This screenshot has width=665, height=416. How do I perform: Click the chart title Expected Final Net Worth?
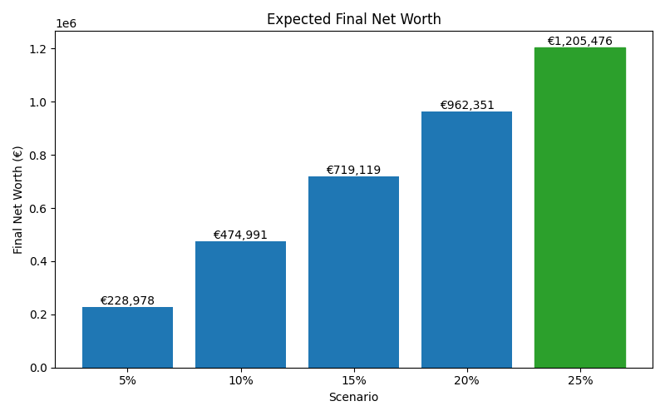353,19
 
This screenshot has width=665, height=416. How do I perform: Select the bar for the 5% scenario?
127,337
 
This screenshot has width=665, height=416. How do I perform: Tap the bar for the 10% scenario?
240,305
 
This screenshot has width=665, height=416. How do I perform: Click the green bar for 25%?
579,207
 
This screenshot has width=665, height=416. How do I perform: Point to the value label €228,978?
127,301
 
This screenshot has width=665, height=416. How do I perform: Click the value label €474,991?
240,235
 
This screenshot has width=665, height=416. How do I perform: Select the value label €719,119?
353,171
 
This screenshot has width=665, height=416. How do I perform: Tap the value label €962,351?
466,106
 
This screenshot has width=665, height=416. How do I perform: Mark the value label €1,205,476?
579,42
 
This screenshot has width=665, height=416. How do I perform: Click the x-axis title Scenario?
353,398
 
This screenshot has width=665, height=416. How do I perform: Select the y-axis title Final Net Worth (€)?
18,200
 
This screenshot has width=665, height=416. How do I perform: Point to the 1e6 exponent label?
66,23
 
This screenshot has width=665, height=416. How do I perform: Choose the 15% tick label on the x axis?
353,381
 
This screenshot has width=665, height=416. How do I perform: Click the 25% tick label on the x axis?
579,381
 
